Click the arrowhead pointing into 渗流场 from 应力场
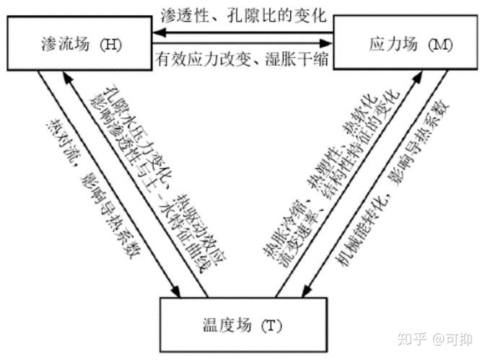pos(153,32)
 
